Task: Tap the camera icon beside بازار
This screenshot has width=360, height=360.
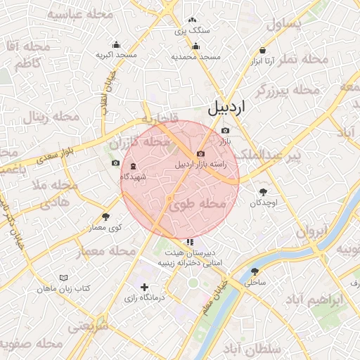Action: click(x=225, y=131)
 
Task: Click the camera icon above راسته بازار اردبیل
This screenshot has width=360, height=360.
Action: click(x=200, y=154)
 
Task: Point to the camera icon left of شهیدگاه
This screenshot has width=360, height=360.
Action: click(x=115, y=163)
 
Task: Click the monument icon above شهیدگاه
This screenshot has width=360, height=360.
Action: click(x=133, y=166)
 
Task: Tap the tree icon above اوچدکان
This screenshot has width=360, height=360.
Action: click(x=263, y=192)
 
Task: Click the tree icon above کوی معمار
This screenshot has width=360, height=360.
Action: click(x=106, y=217)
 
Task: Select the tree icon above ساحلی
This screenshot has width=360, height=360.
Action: click(x=255, y=271)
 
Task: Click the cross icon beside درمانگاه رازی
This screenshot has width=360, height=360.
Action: click(x=145, y=287)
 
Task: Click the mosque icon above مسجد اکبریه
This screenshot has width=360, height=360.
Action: click(x=116, y=45)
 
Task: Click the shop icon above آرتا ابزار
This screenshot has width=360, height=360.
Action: click(x=263, y=51)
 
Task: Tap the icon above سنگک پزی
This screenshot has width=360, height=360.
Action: click(x=193, y=21)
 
